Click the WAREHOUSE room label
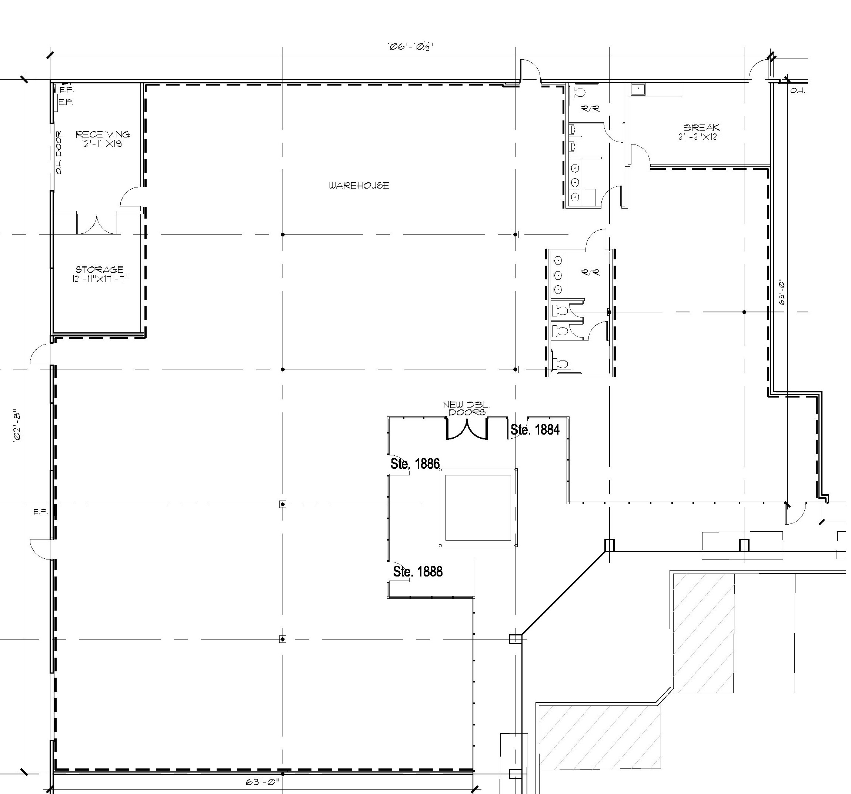point(359,185)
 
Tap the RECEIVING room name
point(103,134)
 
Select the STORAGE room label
point(99,269)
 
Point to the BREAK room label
point(702,127)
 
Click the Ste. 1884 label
point(535,429)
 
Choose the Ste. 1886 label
point(415,464)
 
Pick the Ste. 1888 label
point(418,571)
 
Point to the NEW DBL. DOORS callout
point(467,409)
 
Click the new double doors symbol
point(467,428)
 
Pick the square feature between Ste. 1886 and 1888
point(478,508)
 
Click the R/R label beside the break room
point(590,109)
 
